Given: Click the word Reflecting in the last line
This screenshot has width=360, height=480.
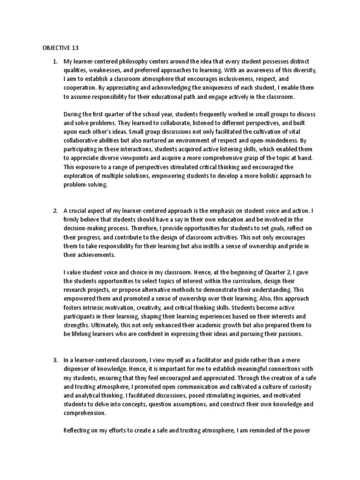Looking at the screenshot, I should click(x=79, y=430).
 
